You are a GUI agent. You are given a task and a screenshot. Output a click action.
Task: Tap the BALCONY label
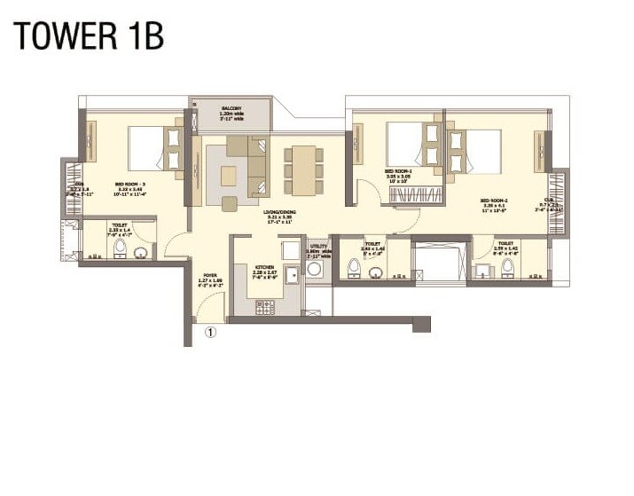[x=231, y=108]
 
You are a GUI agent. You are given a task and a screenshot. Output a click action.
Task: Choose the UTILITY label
[x=318, y=249]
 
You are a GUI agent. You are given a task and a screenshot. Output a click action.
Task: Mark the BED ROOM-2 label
[x=493, y=203]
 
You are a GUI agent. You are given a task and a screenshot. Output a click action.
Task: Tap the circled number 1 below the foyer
[x=211, y=334]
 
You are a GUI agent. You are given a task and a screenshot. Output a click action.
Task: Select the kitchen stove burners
[x=265, y=307]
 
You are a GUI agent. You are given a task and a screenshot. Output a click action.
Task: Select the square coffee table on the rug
[x=229, y=176]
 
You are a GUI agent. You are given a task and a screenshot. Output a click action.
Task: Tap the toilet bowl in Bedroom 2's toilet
[x=508, y=265]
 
